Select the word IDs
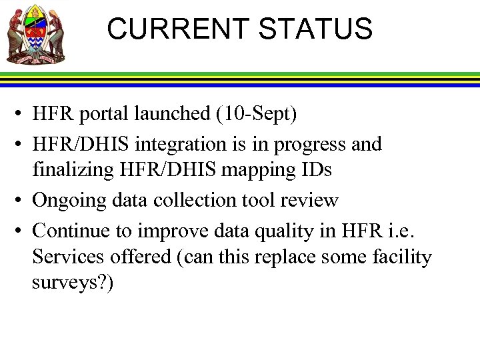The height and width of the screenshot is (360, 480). click(x=315, y=170)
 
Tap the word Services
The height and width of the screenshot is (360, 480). click(x=69, y=257)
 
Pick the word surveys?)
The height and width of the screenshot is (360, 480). click(x=73, y=283)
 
